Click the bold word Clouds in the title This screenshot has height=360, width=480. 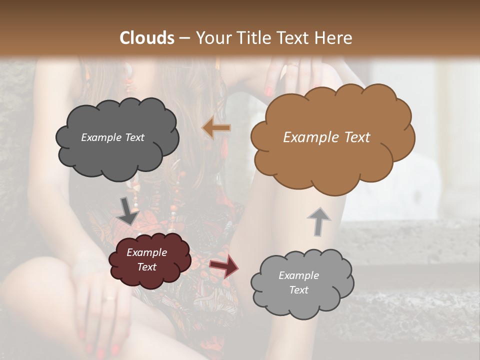(147, 38)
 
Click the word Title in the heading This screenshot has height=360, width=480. (254, 38)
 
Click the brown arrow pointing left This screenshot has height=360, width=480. (216, 128)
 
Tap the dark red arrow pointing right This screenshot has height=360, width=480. (224, 266)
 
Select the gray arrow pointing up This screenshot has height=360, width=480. (318, 221)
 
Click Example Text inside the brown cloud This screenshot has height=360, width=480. (326, 137)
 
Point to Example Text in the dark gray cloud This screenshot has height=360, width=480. (112, 137)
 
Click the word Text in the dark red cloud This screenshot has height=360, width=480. (146, 267)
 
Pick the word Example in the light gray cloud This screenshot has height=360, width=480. (298, 275)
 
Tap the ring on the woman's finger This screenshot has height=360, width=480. (109, 298)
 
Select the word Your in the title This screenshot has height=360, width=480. (212, 38)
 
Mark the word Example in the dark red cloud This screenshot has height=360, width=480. (146, 252)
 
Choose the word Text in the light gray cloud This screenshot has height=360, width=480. (298, 290)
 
